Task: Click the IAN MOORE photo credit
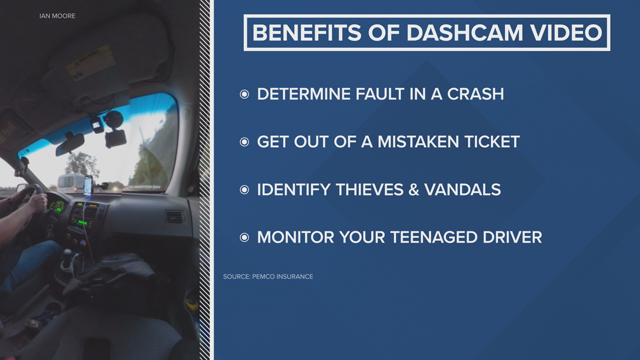(x=57, y=16)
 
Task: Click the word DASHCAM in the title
(x=464, y=33)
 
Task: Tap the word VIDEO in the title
(x=566, y=33)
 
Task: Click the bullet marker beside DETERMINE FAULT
(x=244, y=94)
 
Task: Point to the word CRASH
(x=476, y=94)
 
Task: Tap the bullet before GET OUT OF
(x=244, y=142)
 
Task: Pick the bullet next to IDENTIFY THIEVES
(x=244, y=190)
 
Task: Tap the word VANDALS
(x=463, y=189)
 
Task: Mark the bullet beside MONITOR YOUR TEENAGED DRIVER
(x=244, y=238)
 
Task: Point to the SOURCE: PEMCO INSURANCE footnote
(x=268, y=276)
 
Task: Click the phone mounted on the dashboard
(x=88, y=185)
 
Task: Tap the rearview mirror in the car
(x=70, y=144)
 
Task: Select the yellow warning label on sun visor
(x=90, y=62)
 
